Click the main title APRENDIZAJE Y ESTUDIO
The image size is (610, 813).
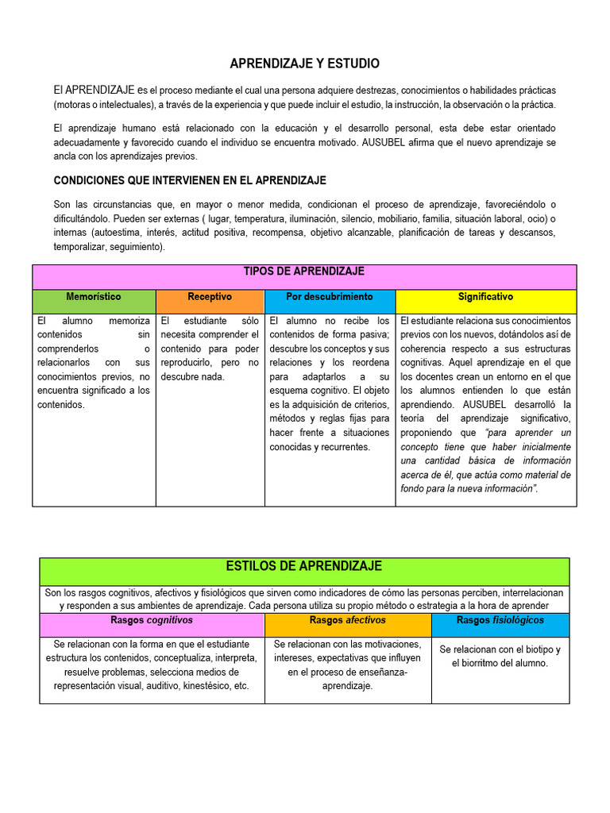click(305, 64)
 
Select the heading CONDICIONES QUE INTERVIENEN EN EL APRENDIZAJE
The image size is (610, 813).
click(190, 180)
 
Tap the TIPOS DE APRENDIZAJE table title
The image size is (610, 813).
click(305, 272)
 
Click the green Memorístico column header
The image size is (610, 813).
click(94, 297)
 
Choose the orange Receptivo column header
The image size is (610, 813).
click(210, 297)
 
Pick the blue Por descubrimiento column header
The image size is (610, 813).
click(329, 297)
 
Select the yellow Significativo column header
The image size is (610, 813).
click(485, 297)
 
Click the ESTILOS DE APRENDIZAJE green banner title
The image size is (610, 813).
click(304, 566)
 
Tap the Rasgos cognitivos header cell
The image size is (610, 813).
click(152, 620)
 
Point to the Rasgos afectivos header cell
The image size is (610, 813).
click(348, 620)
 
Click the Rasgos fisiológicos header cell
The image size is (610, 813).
click(500, 620)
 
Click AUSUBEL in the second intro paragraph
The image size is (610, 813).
click(364, 142)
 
